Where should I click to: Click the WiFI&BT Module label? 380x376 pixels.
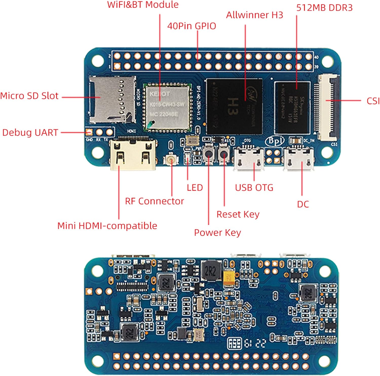pyautogui.click(x=143, y=5)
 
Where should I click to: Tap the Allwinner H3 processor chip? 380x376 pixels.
pyautogui.click(x=234, y=106)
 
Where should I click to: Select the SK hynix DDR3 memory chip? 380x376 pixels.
pyautogui.click(x=292, y=108)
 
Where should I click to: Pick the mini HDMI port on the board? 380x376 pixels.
pyautogui.click(x=133, y=154)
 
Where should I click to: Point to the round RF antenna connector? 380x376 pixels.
pyautogui.click(x=172, y=160)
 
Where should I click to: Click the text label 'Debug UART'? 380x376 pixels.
pyautogui.click(x=30, y=132)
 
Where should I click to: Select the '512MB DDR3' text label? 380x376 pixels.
pyautogui.click(x=324, y=8)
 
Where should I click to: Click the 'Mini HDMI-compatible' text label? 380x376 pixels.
pyautogui.click(x=107, y=226)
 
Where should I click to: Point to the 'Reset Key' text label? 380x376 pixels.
pyautogui.click(x=238, y=214)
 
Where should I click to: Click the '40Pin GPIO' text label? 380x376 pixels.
pyautogui.click(x=192, y=26)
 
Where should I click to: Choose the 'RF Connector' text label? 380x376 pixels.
pyautogui.click(x=154, y=201)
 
